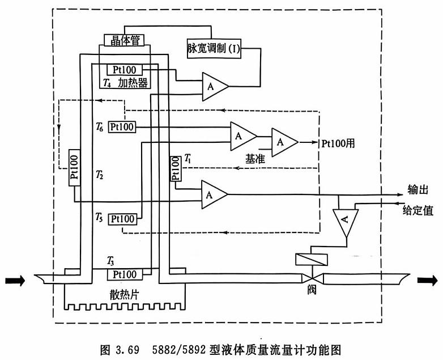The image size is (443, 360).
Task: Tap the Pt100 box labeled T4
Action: tap(125, 70)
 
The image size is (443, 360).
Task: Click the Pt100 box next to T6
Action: tap(122, 127)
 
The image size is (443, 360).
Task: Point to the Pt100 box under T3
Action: tap(125, 274)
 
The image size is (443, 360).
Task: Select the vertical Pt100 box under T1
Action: tap(176, 169)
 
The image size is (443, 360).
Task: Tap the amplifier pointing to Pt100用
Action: tap(284, 142)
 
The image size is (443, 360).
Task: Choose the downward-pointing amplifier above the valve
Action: tap(345, 223)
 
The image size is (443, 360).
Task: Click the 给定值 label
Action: tap(418, 211)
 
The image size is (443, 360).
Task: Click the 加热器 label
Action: tap(133, 84)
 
